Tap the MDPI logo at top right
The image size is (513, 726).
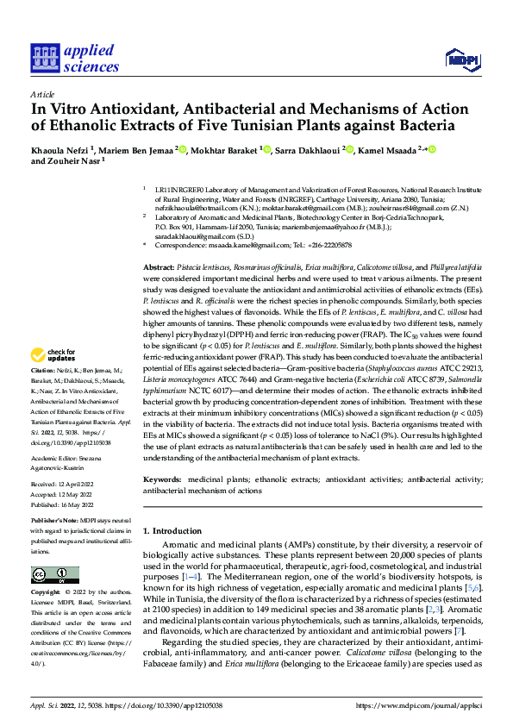461,59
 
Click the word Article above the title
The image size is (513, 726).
42,94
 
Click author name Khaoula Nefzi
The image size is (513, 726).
63,149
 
